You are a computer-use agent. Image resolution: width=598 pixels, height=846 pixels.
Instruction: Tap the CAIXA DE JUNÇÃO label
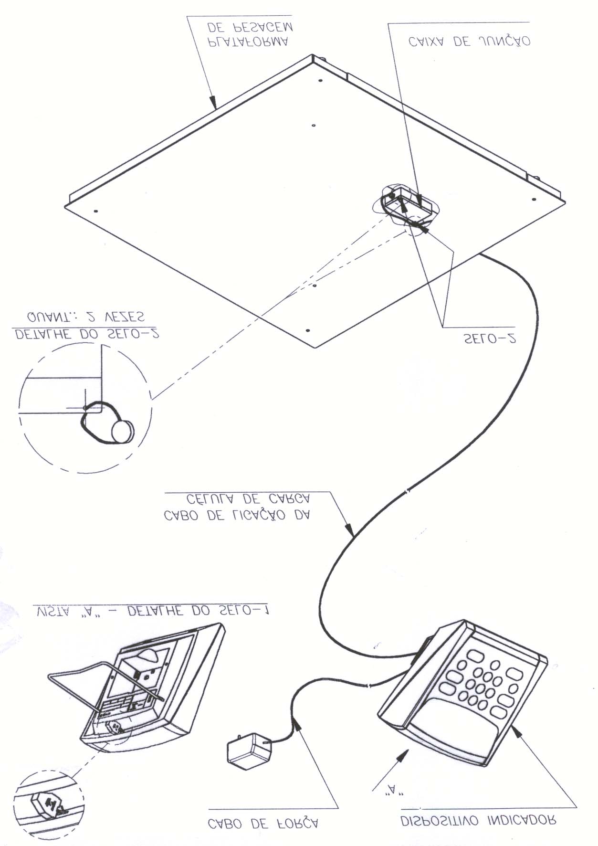coord(469,42)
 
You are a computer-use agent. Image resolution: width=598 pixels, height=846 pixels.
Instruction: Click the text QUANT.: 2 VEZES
coord(86,317)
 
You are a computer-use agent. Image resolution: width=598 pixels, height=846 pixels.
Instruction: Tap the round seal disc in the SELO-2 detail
coord(123,431)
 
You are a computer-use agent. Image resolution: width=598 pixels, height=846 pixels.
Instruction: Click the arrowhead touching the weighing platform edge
coord(214,102)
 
